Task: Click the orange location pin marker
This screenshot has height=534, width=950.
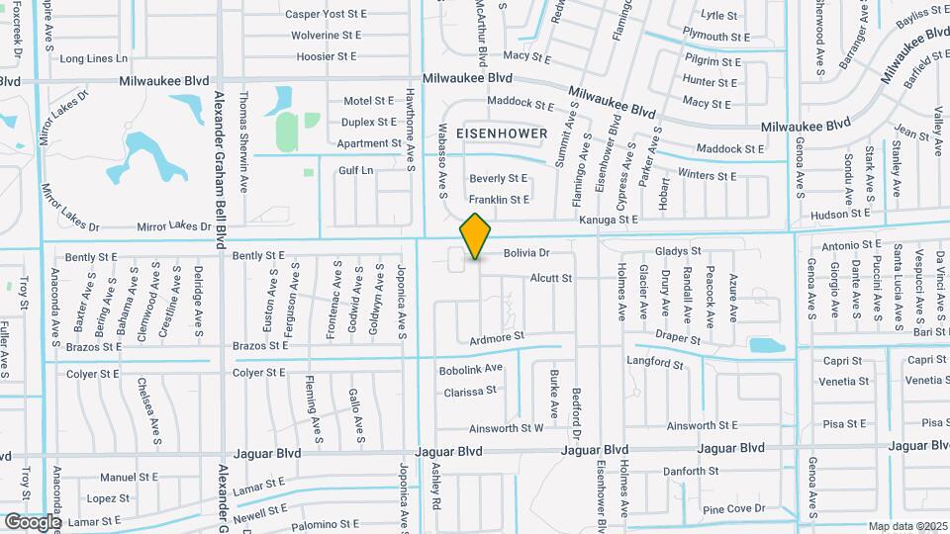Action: [476, 235]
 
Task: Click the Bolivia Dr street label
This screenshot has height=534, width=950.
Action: [525, 253]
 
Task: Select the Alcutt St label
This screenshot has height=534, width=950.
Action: [551, 279]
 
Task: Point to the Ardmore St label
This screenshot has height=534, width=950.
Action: [497, 337]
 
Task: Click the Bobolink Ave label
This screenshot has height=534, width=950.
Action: [471, 368]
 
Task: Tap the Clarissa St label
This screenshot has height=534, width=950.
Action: [470, 391]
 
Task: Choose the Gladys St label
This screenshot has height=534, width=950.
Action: [677, 251]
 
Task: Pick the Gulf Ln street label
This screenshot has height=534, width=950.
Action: [355, 170]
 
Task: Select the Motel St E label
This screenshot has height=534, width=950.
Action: [370, 101]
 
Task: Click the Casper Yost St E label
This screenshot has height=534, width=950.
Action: [326, 14]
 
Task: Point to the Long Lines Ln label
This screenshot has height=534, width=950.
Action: [93, 58]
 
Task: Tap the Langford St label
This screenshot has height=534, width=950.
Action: [655, 362]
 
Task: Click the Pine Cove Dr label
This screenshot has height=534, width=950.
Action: [733, 508]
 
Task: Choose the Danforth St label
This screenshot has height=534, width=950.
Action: [691, 471]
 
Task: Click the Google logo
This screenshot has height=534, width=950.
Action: [32, 521]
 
